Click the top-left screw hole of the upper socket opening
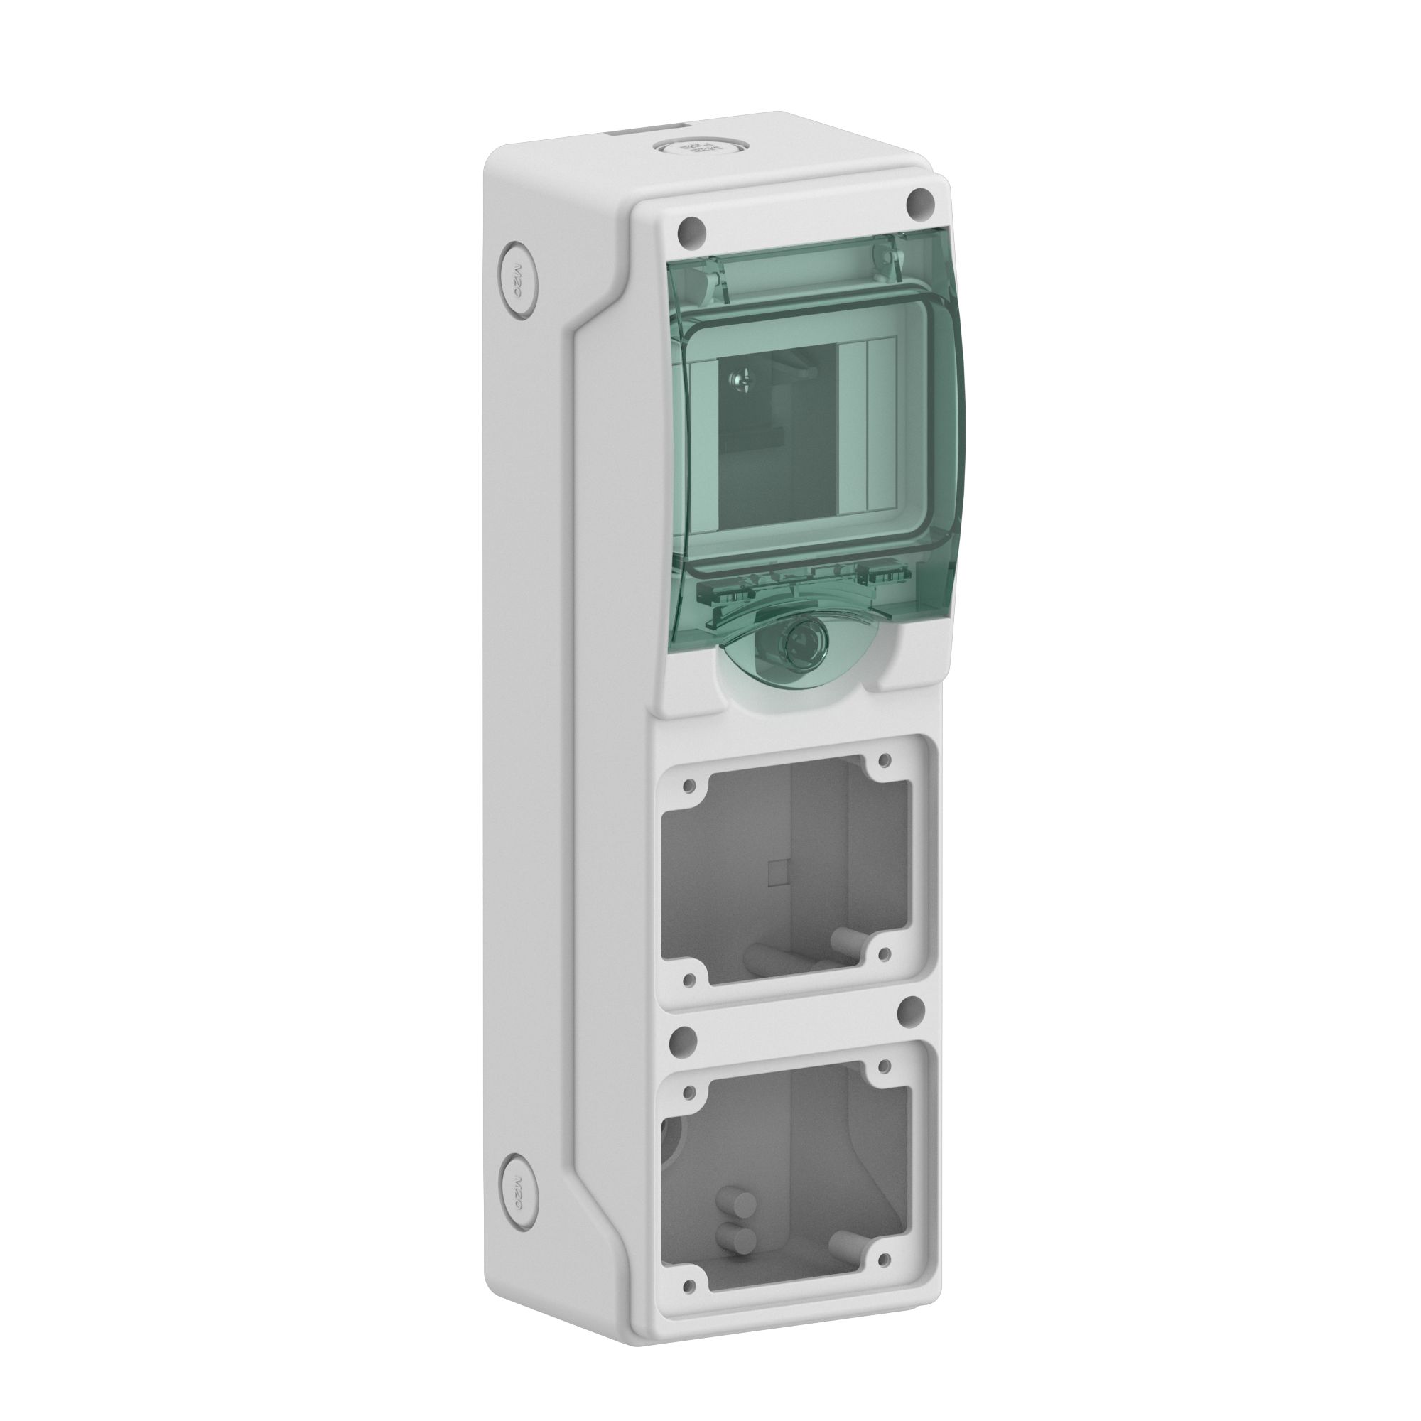click(x=688, y=787)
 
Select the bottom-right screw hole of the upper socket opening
click(x=885, y=955)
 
